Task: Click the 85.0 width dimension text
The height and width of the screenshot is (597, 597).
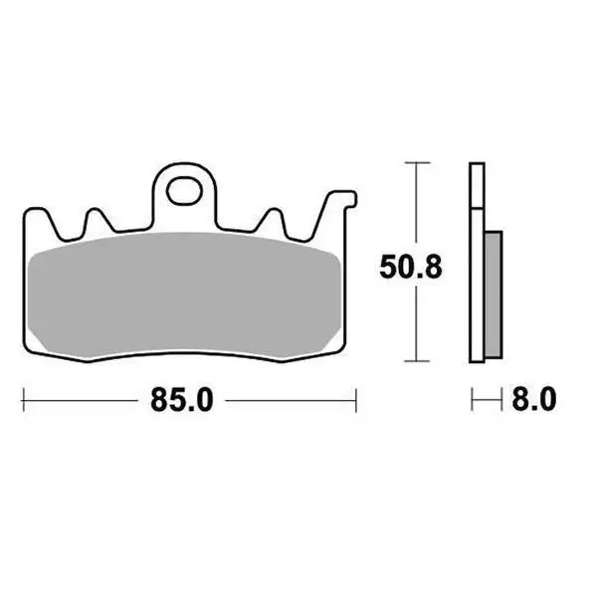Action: click(182, 401)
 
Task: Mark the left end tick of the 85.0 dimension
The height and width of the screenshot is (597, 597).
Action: click(23, 401)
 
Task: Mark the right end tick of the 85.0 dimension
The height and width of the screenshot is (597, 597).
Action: click(355, 401)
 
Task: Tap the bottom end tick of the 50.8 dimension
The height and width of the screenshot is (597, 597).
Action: click(416, 360)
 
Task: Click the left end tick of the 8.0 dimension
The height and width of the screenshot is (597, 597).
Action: click(474, 401)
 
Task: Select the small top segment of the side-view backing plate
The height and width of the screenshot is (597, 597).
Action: click(476, 183)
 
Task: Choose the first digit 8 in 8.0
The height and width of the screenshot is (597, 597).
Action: click(520, 401)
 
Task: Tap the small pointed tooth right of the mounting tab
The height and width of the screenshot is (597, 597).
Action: click(271, 222)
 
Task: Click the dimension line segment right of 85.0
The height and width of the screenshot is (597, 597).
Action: click(289, 401)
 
